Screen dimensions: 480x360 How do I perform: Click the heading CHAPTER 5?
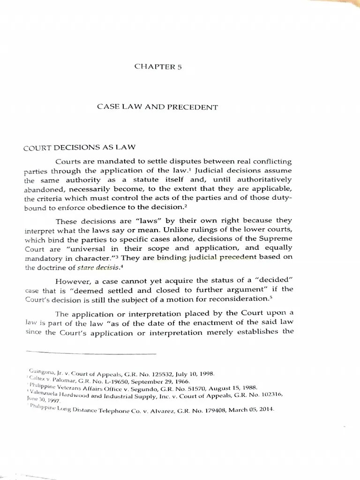[158, 67]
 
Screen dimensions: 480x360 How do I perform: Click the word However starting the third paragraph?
[73, 281]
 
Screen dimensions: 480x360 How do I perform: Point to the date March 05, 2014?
[253, 409]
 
